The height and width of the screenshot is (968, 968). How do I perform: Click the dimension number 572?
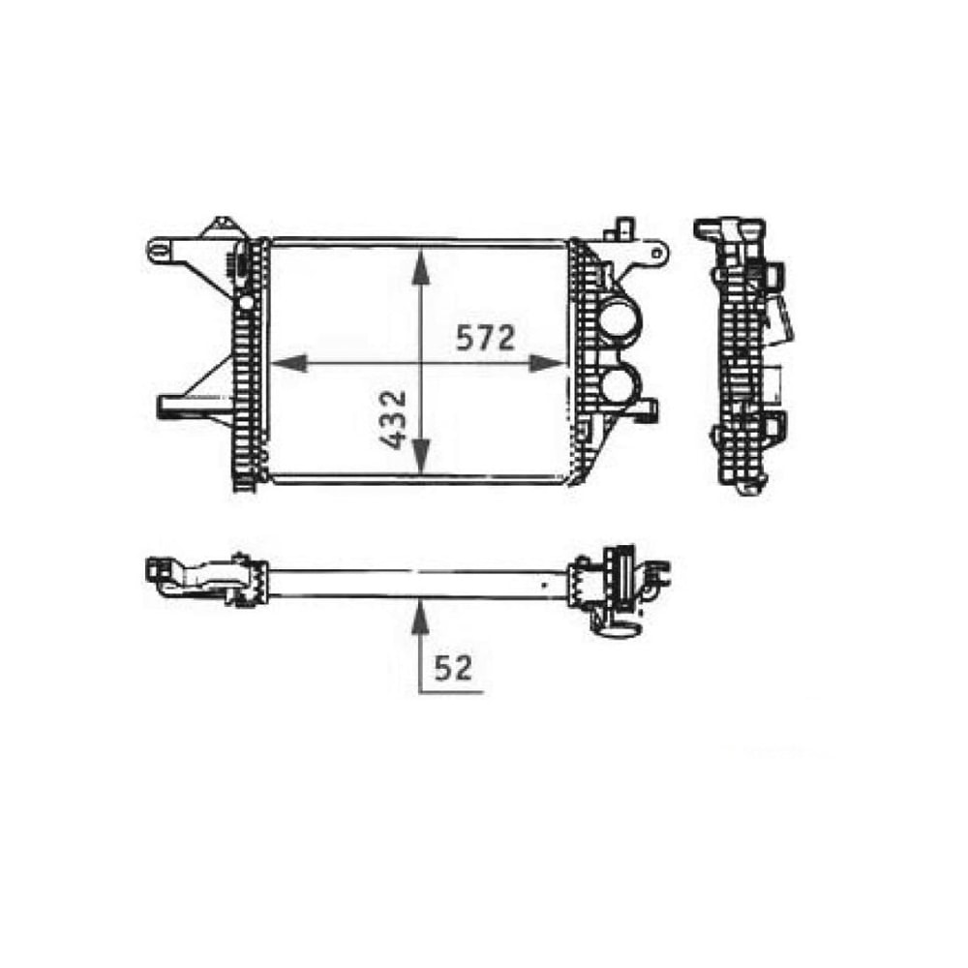pos(486,339)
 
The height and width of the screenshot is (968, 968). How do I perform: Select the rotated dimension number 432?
pos(393,420)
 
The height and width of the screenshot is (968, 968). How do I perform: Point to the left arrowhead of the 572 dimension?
pos(288,364)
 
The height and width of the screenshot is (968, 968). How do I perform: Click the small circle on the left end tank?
pos(246,303)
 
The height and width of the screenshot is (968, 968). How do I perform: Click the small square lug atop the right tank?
pos(620,229)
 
